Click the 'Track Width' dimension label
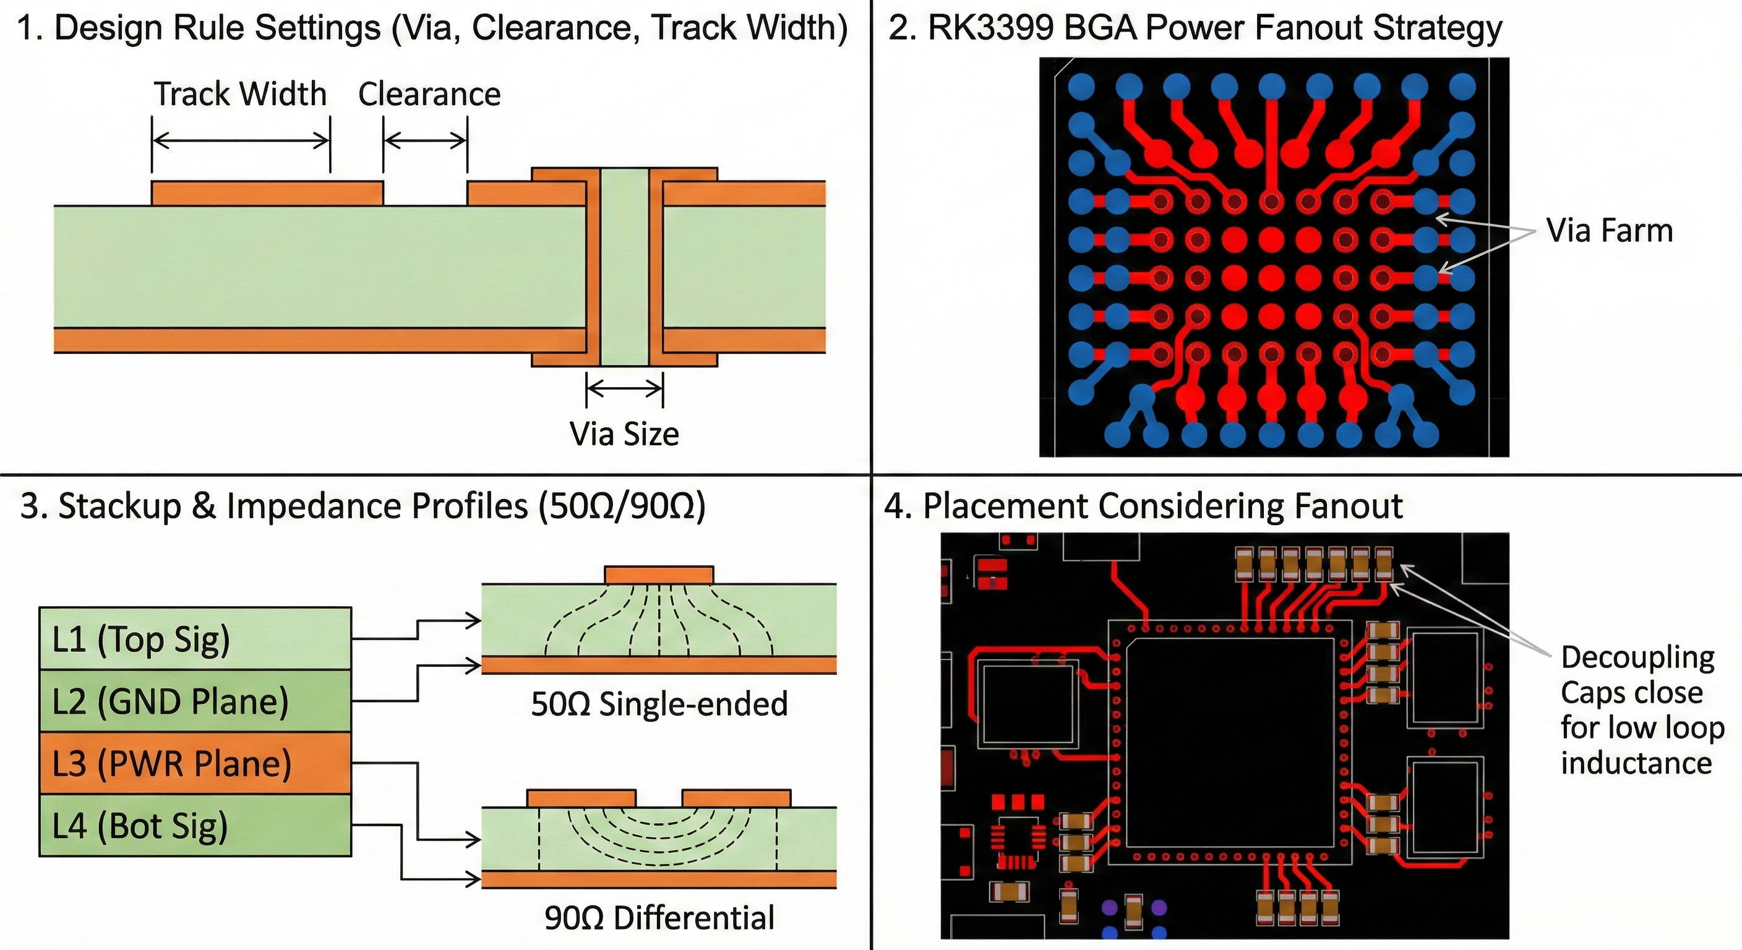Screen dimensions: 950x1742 (x=240, y=94)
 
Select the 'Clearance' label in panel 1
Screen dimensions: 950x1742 (x=429, y=95)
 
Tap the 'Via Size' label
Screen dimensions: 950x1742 (x=624, y=434)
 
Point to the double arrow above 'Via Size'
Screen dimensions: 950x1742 (x=625, y=389)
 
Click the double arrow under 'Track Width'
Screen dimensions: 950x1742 (x=241, y=140)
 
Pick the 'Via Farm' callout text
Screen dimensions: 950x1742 (x=1610, y=231)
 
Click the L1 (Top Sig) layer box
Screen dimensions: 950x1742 (x=195, y=639)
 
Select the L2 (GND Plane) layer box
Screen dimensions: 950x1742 (x=195, y=701)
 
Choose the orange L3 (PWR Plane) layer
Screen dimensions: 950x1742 (x=195, y=763)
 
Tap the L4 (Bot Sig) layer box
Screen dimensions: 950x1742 (x=195, y=826)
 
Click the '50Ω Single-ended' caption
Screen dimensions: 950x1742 (x=659, y=704)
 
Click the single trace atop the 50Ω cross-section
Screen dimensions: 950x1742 (x=659, y=575)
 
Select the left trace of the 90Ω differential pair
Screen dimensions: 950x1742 (x=581, y=798)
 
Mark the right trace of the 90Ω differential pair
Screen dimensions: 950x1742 (x=736, y=798)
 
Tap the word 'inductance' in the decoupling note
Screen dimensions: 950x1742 (x=1636, y=763)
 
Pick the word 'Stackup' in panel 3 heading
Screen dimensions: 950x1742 (x=119, y=507)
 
